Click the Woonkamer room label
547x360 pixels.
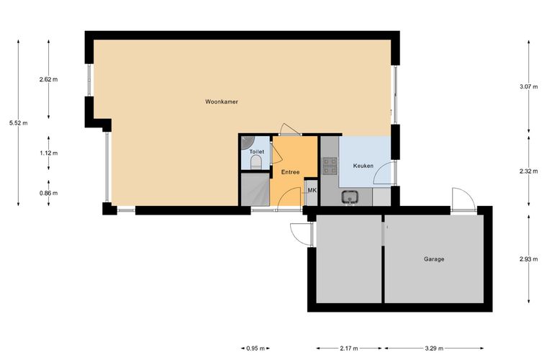(222, 102)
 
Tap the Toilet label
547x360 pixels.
(256, 152)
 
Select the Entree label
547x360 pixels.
(290, 172)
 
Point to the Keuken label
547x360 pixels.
(363, 166)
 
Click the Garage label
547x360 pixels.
(434, 259)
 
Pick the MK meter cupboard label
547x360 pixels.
(312, 191)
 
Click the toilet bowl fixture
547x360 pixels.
(256, 162)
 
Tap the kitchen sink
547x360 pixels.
(350, 197)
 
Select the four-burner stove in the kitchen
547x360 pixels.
(330, 166)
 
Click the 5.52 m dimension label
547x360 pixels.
(19, 123)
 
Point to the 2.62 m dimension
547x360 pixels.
(48, 79)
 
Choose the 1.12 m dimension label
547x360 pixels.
(48, 153)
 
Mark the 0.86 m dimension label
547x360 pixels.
(48, 193)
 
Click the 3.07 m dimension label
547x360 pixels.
(528, 86)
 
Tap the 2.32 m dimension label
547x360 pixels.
(528, 171)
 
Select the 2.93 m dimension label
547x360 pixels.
(528, 259)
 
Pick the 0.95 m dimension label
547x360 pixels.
(256, 348)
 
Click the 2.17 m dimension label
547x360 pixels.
(349, 348)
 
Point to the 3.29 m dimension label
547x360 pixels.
(434, 348)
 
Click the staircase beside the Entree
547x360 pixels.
(256, 189)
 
